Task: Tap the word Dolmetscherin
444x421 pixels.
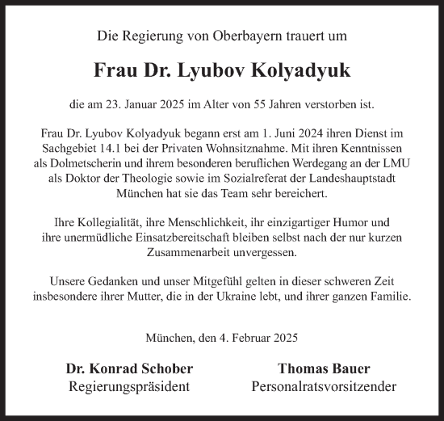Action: pyautogui.click(x=100, y=163)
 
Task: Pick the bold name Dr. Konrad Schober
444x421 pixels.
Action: pyautogui.click(x=130, y=369)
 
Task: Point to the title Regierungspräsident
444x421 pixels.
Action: pyautogui.click(x=130, y=386)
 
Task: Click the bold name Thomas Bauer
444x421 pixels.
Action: pyautogui.click(x=313, y=369)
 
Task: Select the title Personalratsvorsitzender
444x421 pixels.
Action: pyautogui.click(x=313, y=386)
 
